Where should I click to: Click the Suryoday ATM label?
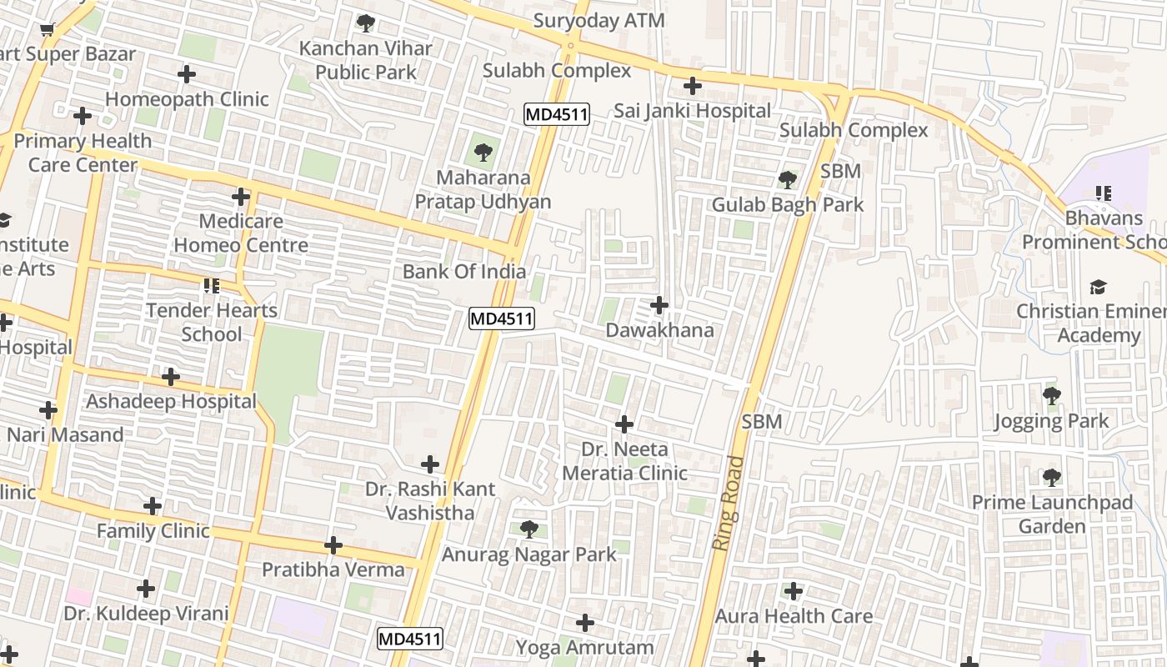click(x=599, y=21)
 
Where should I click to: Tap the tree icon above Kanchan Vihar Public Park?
click(x=365, y=23)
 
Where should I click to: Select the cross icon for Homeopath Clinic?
click(x=187, y=74)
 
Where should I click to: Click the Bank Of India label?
click(x=464, y=271)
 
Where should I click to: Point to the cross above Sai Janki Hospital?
click(x=692, y=86)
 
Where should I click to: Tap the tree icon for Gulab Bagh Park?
click(x=787, y=179)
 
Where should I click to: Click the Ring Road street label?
click(x=727, y=503)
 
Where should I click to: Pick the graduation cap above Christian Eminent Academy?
click(x=1098, y=288)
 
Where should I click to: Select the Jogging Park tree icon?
click(x=1051, y=396)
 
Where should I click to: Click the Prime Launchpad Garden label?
click(x=1052, y=514)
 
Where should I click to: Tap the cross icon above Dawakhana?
click(x=659, y=305)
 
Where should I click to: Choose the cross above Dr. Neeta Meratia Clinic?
click(x=624, y=424)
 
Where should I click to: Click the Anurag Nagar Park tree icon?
click(x=528, y=529)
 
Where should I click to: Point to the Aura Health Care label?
click(x=794, y=616)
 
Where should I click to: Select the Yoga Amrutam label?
click(x=584, y=647)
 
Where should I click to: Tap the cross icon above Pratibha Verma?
click(x=333, y=545)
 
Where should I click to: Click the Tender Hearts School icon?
click(x=211, y=286)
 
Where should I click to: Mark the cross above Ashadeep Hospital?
click(x=171, y=377)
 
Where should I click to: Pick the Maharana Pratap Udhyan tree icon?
click(x=483, y=153)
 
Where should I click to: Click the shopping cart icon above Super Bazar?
click(x=48, y=30)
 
